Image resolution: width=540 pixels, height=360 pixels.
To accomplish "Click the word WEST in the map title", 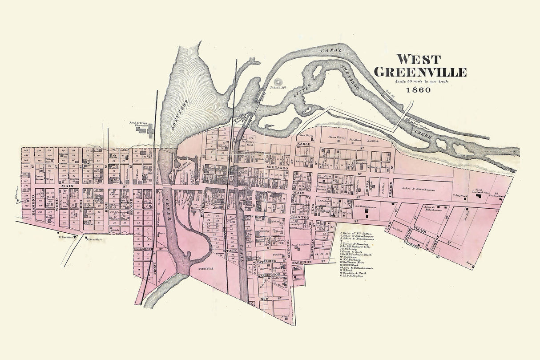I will tap(418, 59).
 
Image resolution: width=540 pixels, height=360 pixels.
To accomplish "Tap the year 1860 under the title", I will tap(418, 89).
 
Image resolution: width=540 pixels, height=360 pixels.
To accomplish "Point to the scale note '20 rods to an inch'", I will tap(421, 81).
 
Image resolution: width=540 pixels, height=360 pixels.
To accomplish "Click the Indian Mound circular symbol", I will tap(279, 82).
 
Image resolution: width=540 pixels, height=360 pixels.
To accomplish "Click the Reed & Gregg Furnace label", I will tap(137, 125).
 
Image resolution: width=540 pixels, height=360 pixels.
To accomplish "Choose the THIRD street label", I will tap(81, 206).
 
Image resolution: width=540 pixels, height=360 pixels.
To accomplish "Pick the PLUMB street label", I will tap(419, 232).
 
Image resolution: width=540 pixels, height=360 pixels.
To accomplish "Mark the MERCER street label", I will tap(288, 247).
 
